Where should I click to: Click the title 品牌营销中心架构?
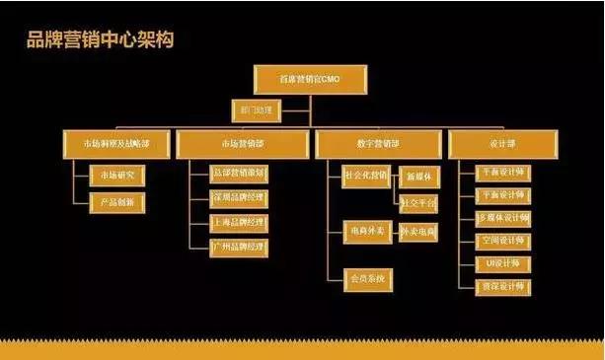coord(101,40)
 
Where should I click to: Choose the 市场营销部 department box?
coord(243,144)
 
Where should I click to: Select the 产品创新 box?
coord(117,202)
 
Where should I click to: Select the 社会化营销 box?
coord(365,176)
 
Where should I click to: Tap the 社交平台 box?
coord(418,204)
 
